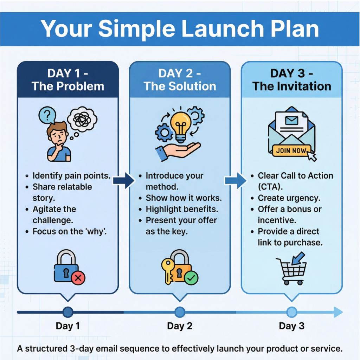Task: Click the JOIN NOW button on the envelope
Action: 291,150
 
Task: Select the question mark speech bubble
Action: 47,115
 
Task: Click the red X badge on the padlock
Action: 78,278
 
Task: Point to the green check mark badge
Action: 191,278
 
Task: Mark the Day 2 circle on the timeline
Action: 180,312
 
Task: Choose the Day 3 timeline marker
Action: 291,312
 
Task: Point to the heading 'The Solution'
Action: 180,86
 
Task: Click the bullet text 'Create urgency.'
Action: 289,198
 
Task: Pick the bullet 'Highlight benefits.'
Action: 182,209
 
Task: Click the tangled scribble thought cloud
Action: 82,120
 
